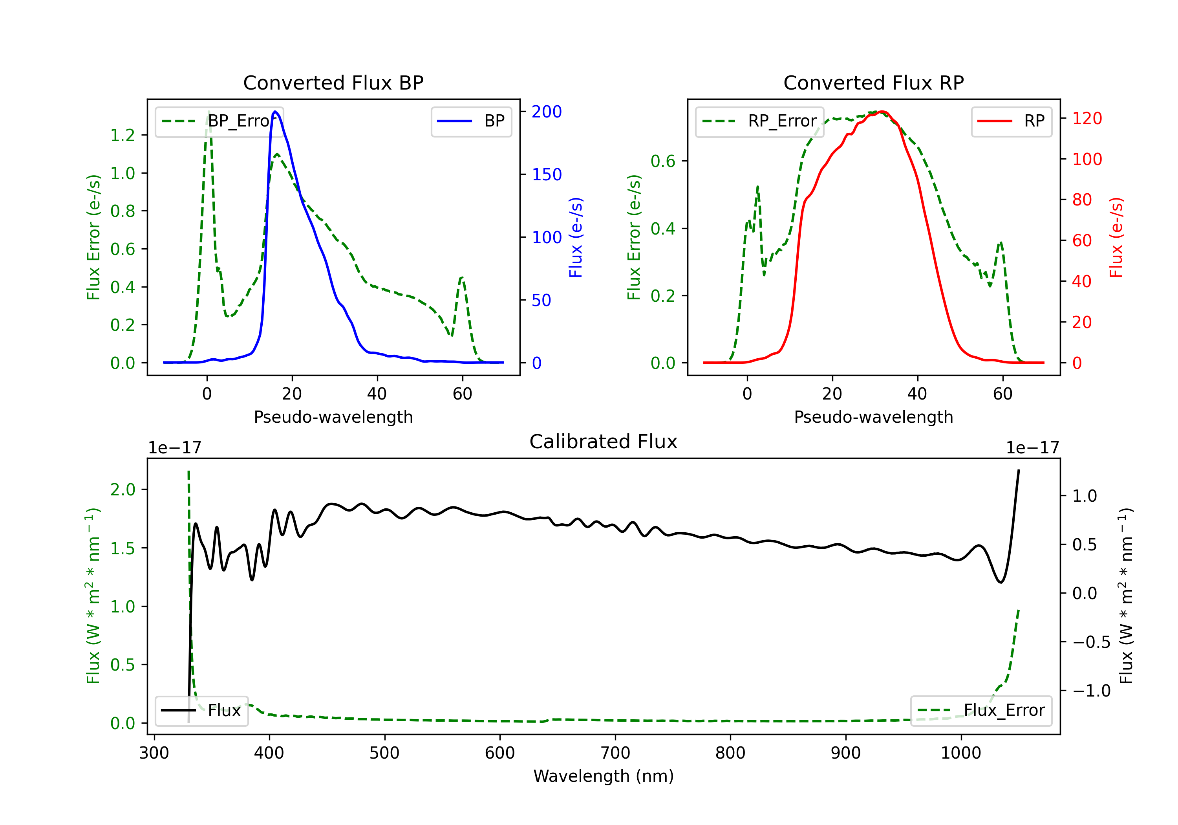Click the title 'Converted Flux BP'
[333, 82]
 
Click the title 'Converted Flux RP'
[874, 82]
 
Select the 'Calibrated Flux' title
[604, 442]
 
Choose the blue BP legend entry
[471, 121]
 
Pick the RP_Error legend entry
[759, 121]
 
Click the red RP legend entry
[1011, 121]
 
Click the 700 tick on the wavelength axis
[615, 753]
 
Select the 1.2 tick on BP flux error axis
[123, 135]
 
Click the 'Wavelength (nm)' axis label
[604, 776]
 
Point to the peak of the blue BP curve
[276, 112]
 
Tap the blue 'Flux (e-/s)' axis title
[576, 238]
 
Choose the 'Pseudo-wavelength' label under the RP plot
[874, 417]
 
